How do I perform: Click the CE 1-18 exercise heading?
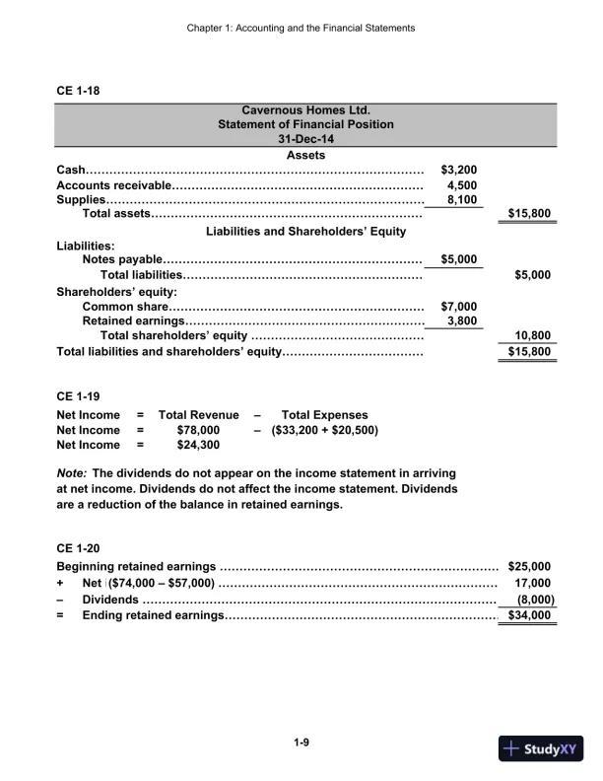click(x=78, y=92)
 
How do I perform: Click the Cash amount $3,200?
click(x=459, y=170)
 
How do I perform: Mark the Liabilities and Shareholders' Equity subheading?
click(x=305, y=231)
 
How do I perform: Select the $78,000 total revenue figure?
click(x=197, y=430)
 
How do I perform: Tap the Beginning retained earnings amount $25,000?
click(x=529, y=566)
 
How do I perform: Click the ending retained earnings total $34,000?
click(x=529, y=615)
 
